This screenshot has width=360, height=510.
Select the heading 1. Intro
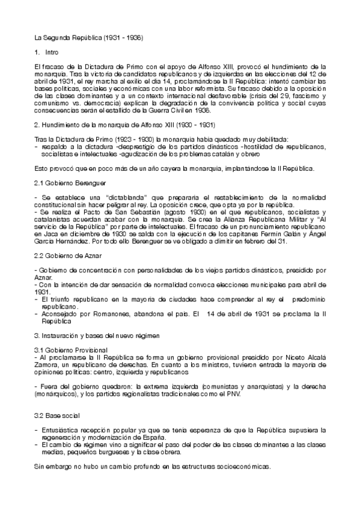pyautogui.click(x=46, y=52)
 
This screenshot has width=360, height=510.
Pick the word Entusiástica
pyautogui.click(x=63, y=430)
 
